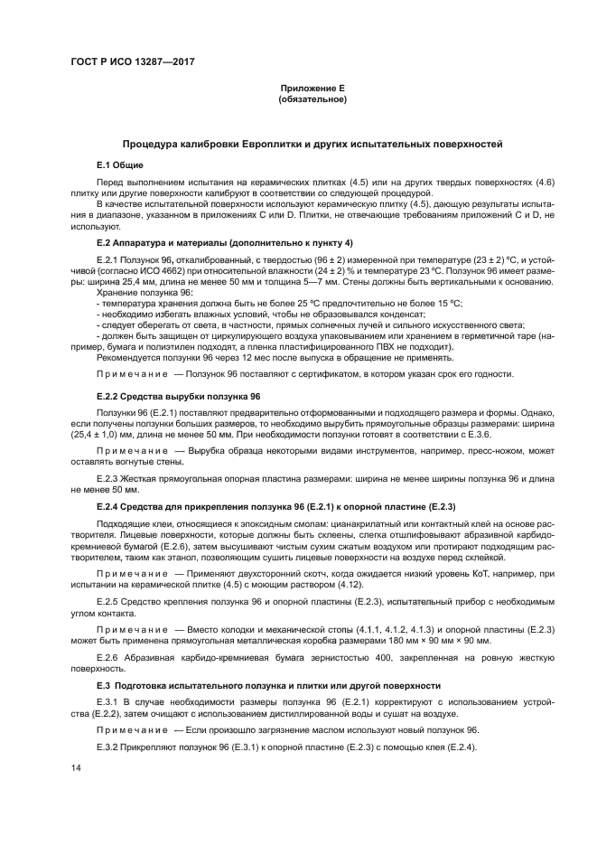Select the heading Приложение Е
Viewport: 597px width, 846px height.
tap(312, 89)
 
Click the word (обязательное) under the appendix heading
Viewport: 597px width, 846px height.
tap(312, 99)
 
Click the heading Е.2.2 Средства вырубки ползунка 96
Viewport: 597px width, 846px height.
tap(178, 397)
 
